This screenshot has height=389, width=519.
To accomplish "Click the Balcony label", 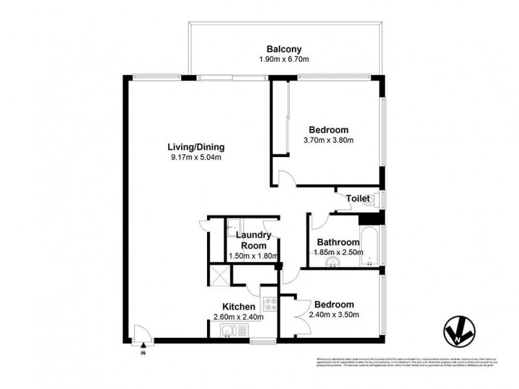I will point(283,49).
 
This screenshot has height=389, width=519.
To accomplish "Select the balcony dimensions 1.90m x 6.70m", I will point(283,60).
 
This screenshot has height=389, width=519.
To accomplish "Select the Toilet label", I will point(358,198).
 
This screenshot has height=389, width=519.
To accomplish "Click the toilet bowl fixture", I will point(370,202).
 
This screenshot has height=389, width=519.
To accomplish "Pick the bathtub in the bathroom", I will point(370,245).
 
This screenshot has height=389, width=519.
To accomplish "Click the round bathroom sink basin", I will point(334,263).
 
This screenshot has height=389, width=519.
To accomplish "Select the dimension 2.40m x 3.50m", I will point(334,315).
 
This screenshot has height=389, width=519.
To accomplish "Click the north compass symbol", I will point(461,332).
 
